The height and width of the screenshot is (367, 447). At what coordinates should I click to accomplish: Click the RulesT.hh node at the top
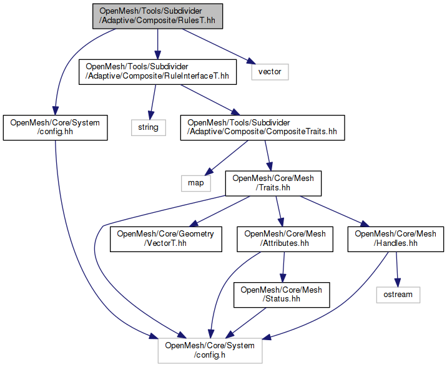pos(156,16)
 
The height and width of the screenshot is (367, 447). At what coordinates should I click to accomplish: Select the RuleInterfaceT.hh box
pos(157,72)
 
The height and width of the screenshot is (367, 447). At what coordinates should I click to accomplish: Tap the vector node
pos(270,72)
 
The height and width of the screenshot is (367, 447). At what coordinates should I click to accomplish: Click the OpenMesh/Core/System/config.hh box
pos(56,127)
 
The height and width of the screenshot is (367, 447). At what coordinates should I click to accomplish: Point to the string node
pos(149,127)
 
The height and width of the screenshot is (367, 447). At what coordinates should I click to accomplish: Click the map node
pos(196,183)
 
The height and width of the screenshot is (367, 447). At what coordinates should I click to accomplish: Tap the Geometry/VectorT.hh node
pos(165,239)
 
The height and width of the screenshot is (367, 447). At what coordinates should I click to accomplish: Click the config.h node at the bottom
pos(210,351)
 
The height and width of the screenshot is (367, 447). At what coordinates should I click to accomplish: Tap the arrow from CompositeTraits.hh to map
pos(228,156)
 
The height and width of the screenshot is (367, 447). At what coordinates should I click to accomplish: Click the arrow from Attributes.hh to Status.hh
pos(283,267)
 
